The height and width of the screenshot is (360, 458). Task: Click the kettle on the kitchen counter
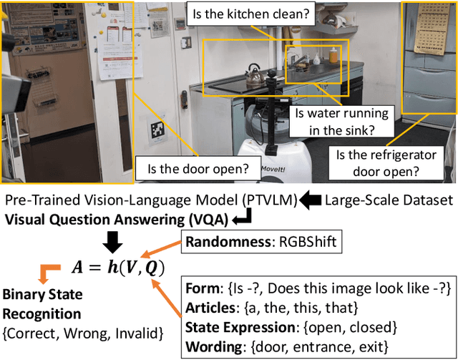pyautogui.click(x=253, y=74)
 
